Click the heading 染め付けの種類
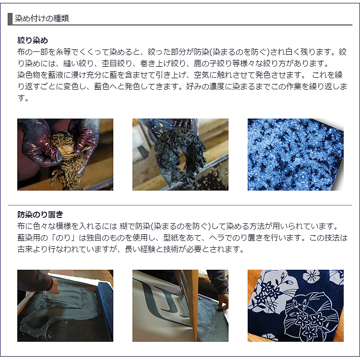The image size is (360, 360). click(42, 19)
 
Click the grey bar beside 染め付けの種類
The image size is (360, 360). click(10, 19)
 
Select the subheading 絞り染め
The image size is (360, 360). click(33, 40)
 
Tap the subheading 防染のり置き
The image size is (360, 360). click(40, 214)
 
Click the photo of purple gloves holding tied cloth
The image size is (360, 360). click(65, 155)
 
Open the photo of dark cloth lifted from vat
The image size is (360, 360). click(180, 155)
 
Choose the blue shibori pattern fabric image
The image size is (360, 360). click(295, 155)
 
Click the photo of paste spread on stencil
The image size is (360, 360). click(65, 305)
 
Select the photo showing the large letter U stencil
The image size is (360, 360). click(180, 305)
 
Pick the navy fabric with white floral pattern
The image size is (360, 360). click(295, 305)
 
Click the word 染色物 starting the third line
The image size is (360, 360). click(30, 75)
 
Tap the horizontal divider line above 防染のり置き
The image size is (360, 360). click(180, 205)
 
